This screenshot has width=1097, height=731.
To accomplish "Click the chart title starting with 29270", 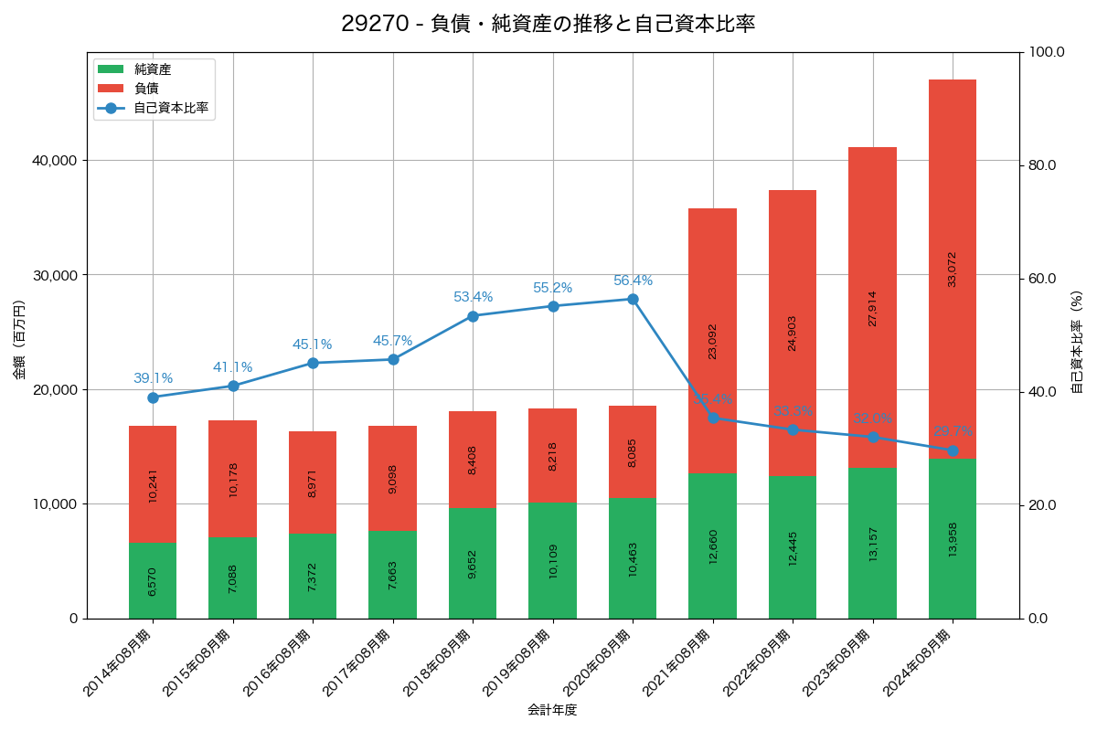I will (x=548, y=24).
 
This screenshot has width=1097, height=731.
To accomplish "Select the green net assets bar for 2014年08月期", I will (x=153, y=580).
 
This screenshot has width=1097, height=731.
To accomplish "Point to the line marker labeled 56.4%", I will (x=633, y=299).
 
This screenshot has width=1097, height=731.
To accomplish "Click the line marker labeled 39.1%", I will (x=153, y=397).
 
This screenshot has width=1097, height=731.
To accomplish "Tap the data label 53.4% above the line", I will (x=473, y=297).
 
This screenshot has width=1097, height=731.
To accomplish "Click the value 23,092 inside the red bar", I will (x=713, y=341).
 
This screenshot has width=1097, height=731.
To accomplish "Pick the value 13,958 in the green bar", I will (x=953, y=539).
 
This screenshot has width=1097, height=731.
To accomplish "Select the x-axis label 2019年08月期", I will (x=514, y=663).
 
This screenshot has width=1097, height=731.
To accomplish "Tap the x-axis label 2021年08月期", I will (x=674, y=663).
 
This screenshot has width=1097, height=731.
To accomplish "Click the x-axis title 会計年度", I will (x=552, y=710).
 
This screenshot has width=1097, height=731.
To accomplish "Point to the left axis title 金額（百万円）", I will (x=19, y=340).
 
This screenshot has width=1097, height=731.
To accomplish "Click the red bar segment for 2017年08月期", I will (x=393, y=478).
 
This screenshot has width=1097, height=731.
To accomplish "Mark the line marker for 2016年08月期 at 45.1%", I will (x=313, y=363).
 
